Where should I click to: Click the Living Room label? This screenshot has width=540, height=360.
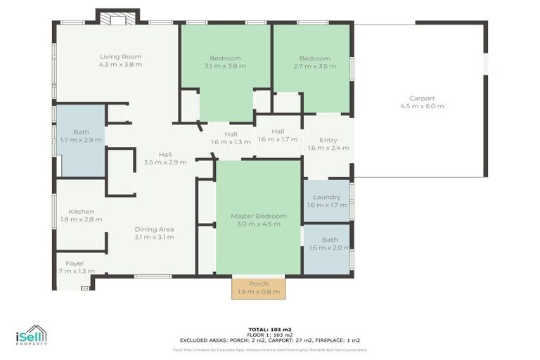(121, 57)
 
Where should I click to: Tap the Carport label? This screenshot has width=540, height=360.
(422, 98)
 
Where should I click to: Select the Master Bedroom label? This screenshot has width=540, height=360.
(259, 216)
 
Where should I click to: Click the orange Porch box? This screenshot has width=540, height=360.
(259, 288)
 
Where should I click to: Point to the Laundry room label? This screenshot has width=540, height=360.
(326, 198)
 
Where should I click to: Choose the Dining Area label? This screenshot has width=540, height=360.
(155, 229)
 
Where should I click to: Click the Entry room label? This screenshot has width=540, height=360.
(328, 140)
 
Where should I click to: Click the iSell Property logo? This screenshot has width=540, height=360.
(31, 335)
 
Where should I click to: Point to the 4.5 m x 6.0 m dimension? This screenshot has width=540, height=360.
(422, 106)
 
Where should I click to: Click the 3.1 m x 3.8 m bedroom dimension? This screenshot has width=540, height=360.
(225, 66)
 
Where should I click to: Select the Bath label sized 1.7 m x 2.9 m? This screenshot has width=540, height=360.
(81, 132)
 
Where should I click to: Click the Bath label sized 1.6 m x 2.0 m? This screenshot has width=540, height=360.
(329, 240)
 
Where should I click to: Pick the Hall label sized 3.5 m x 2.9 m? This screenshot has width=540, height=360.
(165, 155)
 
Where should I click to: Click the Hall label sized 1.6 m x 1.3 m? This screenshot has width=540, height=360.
(231, 134)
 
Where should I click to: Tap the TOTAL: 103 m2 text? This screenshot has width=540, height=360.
(270, 329)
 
